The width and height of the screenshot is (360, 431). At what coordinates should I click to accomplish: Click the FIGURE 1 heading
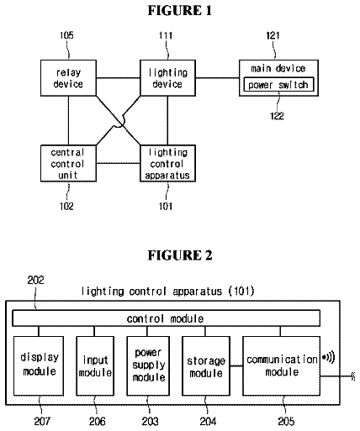(180, 11)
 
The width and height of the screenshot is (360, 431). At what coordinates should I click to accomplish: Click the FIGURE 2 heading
(180, 255)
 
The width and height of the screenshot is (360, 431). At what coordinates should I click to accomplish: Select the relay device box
(68, 78)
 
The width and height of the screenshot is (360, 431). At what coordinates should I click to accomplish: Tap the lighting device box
(167, 78)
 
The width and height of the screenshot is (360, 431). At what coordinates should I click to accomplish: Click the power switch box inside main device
(278, 84)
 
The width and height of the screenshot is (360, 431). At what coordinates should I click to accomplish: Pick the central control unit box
(68, 164)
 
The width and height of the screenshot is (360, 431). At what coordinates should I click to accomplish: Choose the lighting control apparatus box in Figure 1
(167, 164)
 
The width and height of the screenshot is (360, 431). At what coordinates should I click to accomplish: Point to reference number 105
(66, 35)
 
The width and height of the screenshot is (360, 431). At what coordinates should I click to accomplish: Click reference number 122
(277, 116)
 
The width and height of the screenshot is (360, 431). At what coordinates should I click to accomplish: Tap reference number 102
(66, 207)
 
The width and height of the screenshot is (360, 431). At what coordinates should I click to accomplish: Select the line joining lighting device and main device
(217, 78)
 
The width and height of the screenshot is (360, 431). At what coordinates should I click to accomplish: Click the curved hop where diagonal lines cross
(119, 122)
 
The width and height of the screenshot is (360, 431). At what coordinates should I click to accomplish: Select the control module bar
(166, 318)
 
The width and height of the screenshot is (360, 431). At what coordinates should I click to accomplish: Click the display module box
(39, 365)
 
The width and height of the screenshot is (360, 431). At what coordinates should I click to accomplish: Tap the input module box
(95, 365)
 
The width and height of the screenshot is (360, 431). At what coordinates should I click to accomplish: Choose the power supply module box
(148, 365)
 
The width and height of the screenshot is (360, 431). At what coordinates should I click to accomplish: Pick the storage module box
(206, 365)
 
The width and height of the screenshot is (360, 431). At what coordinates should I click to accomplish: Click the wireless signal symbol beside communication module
(328, 358)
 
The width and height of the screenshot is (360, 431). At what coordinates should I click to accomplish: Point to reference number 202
(35, 280)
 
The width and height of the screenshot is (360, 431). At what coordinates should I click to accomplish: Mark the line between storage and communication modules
(236, 365)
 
